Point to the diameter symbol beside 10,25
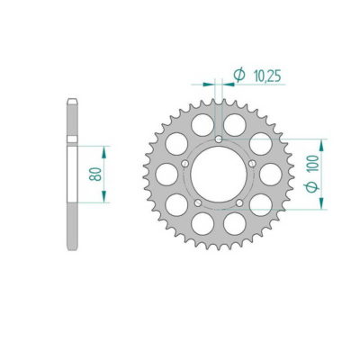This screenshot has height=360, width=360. point(238,76)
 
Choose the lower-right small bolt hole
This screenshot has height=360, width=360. point(241,202)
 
